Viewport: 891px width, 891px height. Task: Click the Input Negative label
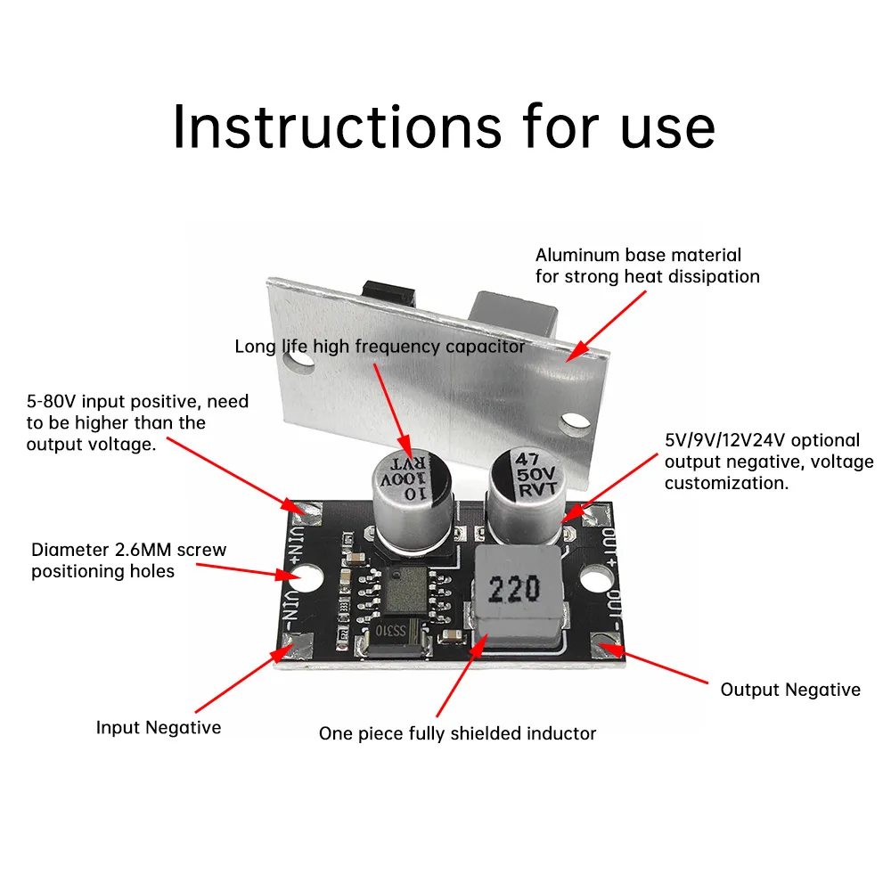[x=159, y=728]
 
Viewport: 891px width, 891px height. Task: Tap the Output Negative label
[x=790, y=690]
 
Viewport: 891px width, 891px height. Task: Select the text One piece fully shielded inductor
[x=457, y=734]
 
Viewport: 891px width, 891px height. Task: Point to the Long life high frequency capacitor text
[x=380, y=347]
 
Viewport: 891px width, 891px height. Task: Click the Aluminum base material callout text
[x=647, y=266]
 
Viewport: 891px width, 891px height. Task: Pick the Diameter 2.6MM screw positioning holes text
[x=128, y=560]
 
